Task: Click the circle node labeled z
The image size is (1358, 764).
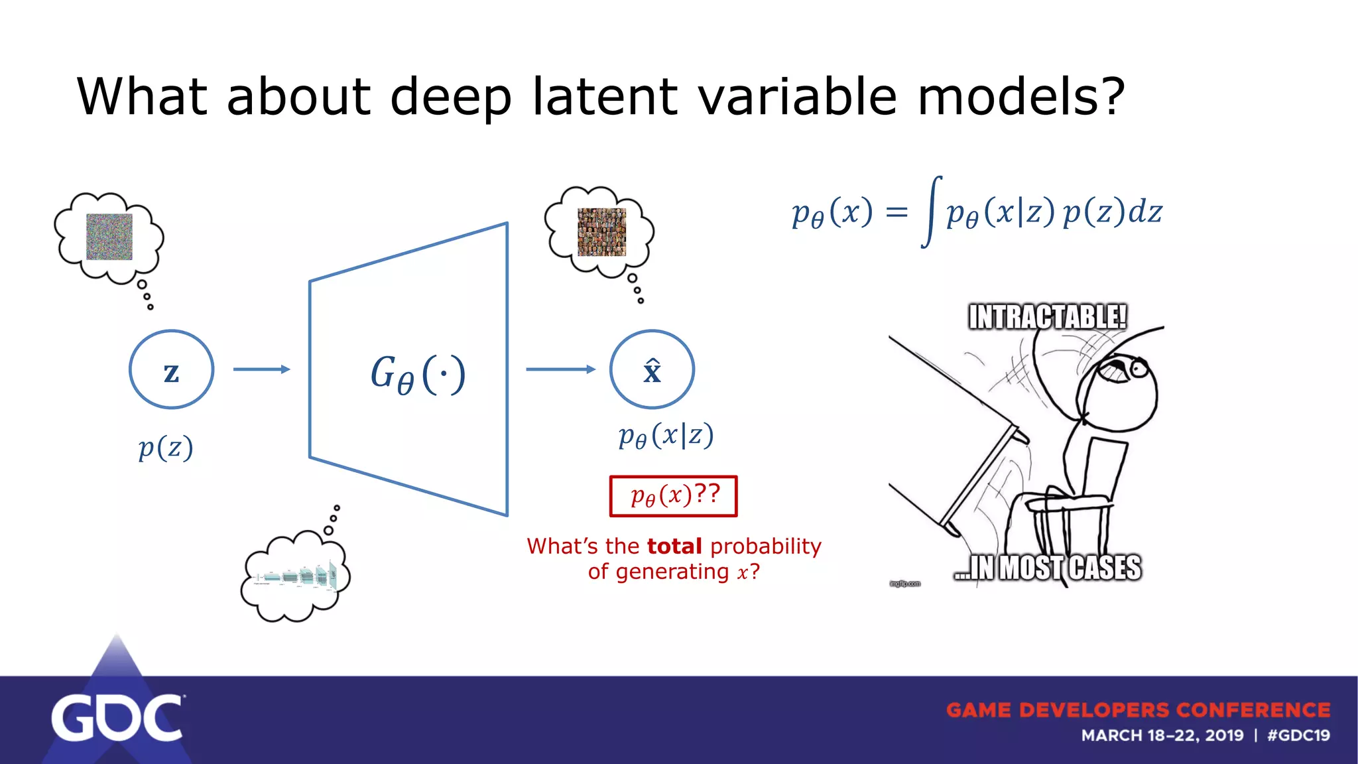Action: click(x=171, y=369)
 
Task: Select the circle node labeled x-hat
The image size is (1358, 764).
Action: click(x=652, y=369)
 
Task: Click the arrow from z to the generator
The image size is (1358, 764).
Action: click(x=262, y=369)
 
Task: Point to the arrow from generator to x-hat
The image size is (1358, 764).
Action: click(x=560, y=369)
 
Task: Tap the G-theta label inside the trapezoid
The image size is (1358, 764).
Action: click(x=418, y=374)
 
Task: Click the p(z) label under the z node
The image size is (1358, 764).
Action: click(x=166, y=448)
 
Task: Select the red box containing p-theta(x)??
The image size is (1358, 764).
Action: click(x=673, y=495)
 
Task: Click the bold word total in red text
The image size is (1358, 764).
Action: click(x=674, y=546)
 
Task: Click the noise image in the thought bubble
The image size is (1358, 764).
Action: click(x=109, y=237)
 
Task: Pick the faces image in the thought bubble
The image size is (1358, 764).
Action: click(x=601, y=232)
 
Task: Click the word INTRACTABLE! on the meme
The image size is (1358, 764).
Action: click(x=1048, y=317)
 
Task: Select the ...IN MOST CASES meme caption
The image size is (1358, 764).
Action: click(x=1048, y=568)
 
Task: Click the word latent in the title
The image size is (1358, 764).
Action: click(x=605, y=96)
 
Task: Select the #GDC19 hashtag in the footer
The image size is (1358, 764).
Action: click(x=1298, y=735)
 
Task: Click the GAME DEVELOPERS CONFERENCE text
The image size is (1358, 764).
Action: click(x=1138, y=710)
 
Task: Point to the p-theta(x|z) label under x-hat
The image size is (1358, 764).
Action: click(x=666, y=436)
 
